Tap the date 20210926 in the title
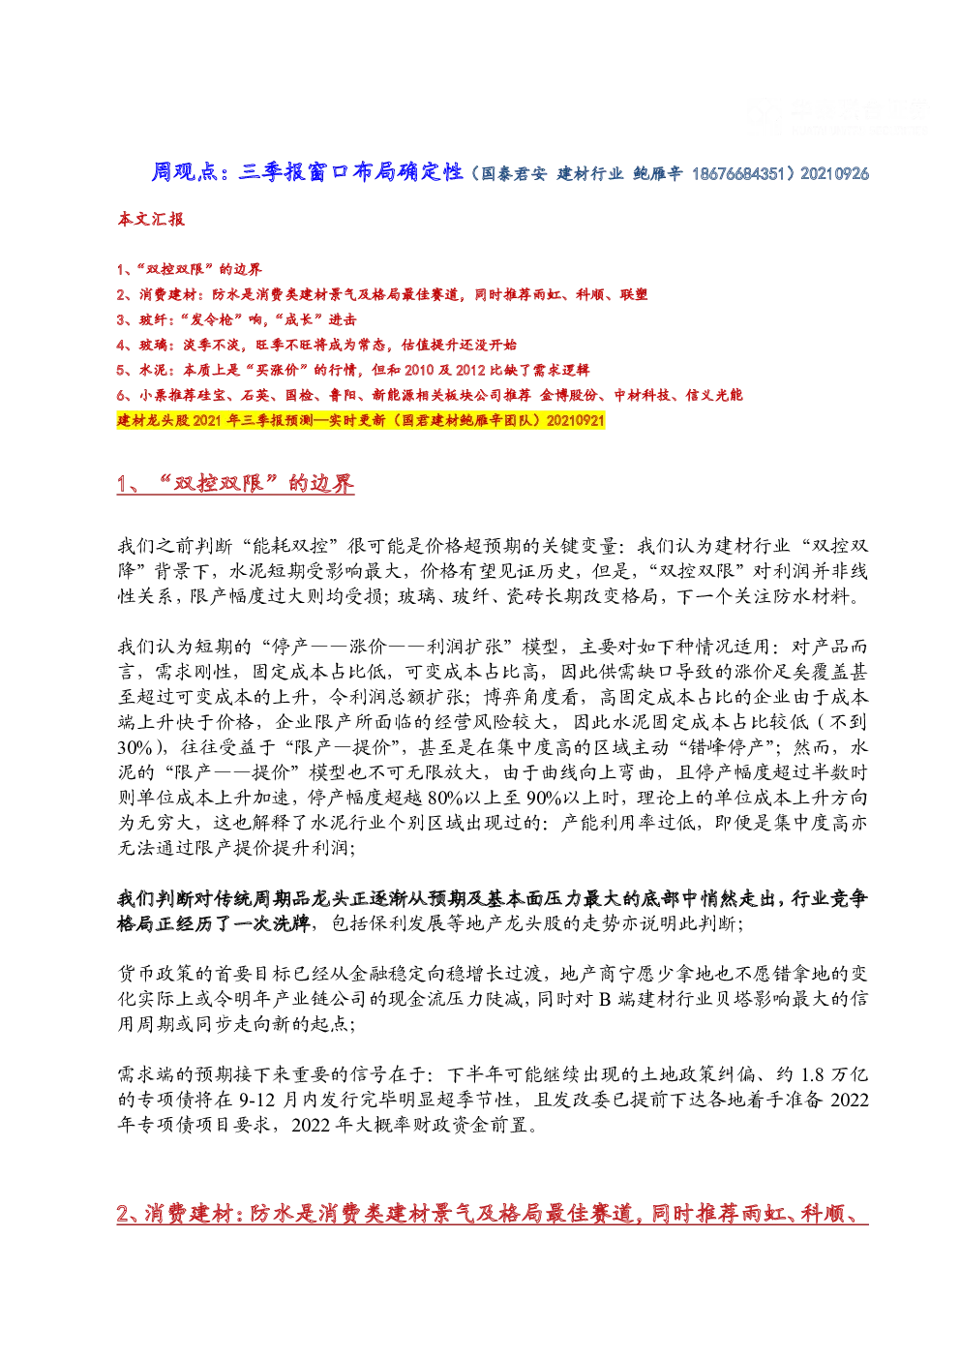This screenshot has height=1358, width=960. coord(834,174)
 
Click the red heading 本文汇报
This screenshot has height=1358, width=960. coord(151,219)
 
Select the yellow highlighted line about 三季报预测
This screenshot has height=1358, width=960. coord(361,420)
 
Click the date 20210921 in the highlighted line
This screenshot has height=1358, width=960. coord(575,420)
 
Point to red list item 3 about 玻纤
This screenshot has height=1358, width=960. coord(237,319)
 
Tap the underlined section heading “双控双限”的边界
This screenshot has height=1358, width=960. coord(236,483)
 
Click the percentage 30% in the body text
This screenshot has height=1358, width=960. coord(135,747)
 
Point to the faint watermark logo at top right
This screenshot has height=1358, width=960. coord(836,115)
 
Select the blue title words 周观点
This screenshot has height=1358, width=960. coord(185,172)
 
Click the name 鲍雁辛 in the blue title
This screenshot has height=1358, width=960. coord(657,174)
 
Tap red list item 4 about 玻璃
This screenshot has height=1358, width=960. coord(317,345)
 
